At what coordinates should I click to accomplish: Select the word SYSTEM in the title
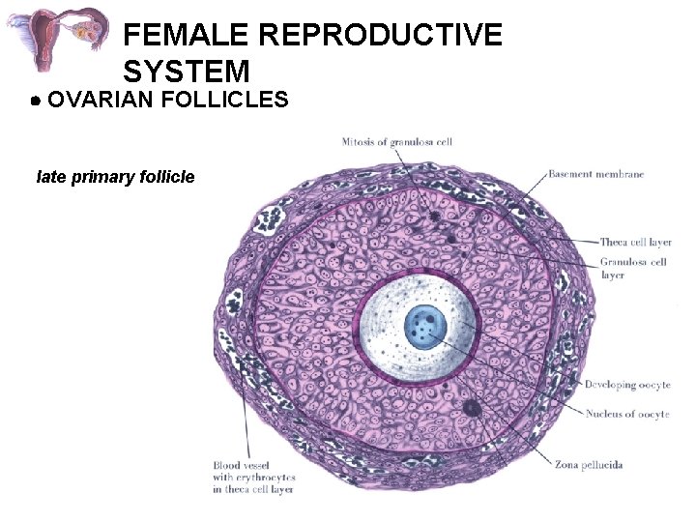coord(187,71)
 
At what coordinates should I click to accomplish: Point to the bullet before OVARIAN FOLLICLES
coord(34,101)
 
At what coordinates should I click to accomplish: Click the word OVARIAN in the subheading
coord(101,100)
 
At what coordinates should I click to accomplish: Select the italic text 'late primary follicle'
coord(115,177)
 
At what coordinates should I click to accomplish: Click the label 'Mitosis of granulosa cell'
coord(396,142)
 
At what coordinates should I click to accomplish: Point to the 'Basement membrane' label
coord(595,174)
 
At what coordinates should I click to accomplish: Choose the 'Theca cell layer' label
coord(635,242)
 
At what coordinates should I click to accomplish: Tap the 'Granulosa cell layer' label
coord(633,268)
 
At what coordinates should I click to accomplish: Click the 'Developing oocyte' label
coord(626,385)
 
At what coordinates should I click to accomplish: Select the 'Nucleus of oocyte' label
coord(626,414)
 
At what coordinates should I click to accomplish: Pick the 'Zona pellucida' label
coord(588,465)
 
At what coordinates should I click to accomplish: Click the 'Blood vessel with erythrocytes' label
coord(254,478)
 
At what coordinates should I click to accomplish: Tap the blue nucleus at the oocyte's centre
coord(422,327)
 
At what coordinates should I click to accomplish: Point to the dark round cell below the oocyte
coord(472,409)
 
